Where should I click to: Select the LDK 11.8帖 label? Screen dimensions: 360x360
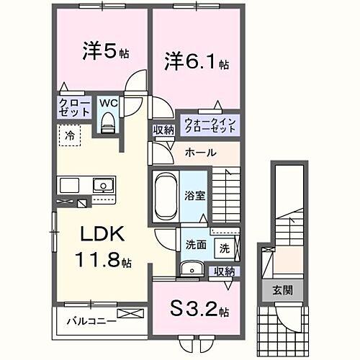coord(102,246)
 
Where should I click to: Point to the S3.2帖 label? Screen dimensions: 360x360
coord(199,311)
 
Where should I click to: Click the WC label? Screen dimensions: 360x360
coord(109,103)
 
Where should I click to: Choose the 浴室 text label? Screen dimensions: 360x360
coord(194,194)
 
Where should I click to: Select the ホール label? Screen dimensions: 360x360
coord(199,153)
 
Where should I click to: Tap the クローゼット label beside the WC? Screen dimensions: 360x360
coord(73,108)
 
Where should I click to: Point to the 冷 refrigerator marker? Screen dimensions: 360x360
coord(69,135)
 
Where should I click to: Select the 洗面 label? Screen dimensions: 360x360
coord(194,245)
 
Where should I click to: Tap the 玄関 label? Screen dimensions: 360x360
coord(282,291)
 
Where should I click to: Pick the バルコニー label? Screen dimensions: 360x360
coord(91,320)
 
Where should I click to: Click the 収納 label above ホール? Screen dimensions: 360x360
coord(163,130)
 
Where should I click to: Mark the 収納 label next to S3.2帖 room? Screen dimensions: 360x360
coord(224,271)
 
